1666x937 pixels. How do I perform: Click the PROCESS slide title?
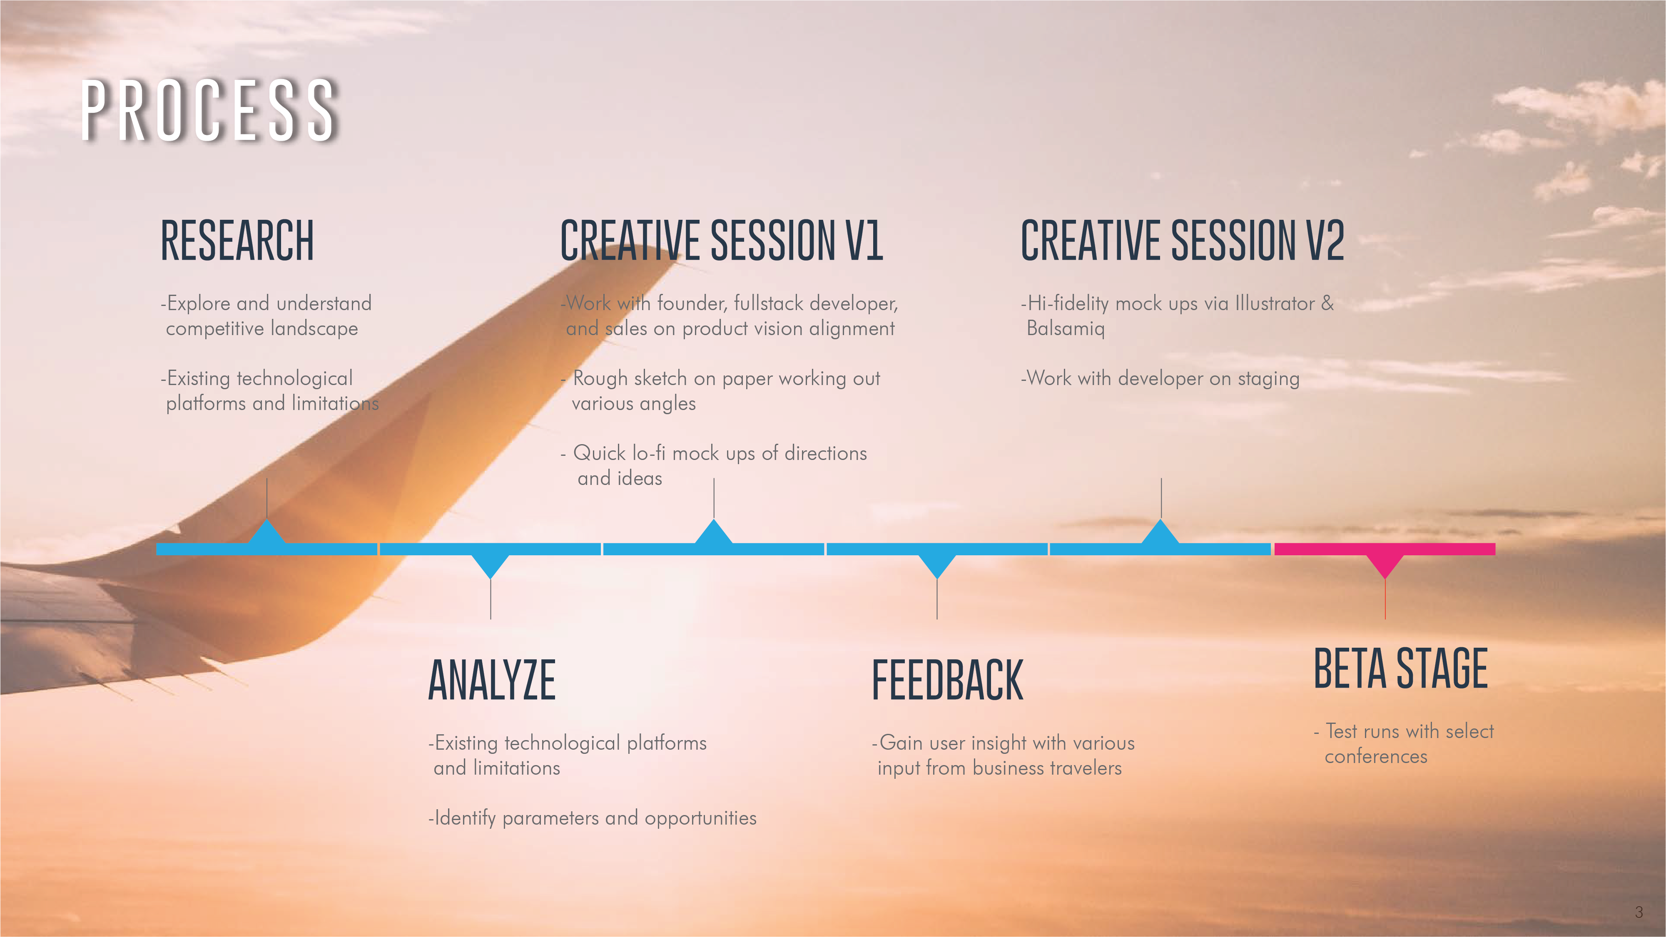point(209,110)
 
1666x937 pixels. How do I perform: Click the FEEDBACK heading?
point(947,680)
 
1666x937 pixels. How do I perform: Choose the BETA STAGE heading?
point(1401,668)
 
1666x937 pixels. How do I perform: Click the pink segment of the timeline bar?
point(1385,549)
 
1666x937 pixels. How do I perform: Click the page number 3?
point(1639,912)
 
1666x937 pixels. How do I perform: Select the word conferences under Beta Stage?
point(1376,757)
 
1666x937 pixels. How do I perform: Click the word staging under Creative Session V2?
point(1268,379)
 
